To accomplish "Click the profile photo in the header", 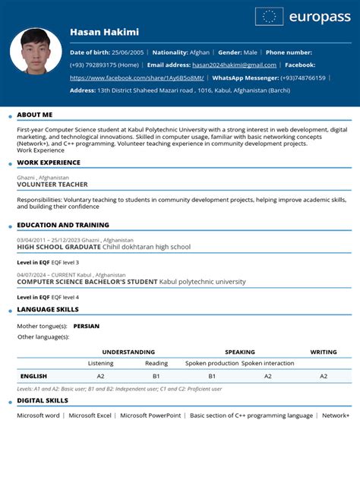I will pos(36,51).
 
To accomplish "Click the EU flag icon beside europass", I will pos(270,17).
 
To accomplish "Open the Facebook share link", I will pos(137,77).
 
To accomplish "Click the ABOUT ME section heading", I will pos(35,115).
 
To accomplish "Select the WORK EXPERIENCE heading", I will pos(49,163).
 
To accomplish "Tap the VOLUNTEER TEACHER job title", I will pos(52,185).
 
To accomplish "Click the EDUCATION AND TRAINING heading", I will pos(63,225).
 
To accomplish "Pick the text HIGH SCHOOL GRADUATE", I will pos(58,247).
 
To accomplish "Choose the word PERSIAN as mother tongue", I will pos(87,326).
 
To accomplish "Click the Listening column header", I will pos(100,363).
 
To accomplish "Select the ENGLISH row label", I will pos(33,376).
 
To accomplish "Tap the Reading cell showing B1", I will pos(156,376).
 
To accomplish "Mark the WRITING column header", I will pos(324,352).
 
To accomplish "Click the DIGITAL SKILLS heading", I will pos(43,400).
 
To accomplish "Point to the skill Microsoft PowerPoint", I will pos(150,415).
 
